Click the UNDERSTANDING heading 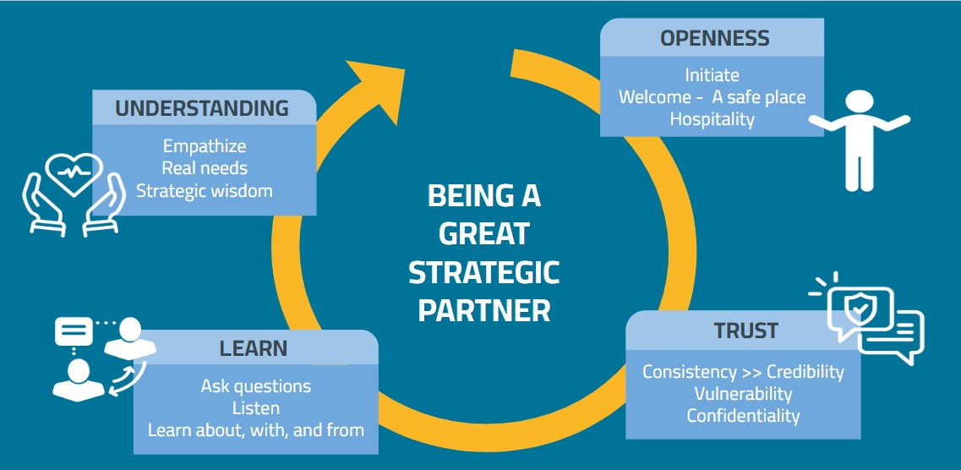point(202,108)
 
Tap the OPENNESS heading point(715,38)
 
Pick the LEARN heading point(254,348)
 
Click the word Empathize point(205,146)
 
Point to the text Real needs point(205,168)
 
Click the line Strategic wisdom point(205,190)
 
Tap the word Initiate point(712,75)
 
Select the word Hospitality point(712,119)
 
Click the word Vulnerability point(743,394)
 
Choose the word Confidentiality point(743,416)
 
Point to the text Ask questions point(255,386)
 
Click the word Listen point(255,408)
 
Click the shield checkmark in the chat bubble point(859,309)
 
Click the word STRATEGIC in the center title point(483,272)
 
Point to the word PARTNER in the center point(483,310)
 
